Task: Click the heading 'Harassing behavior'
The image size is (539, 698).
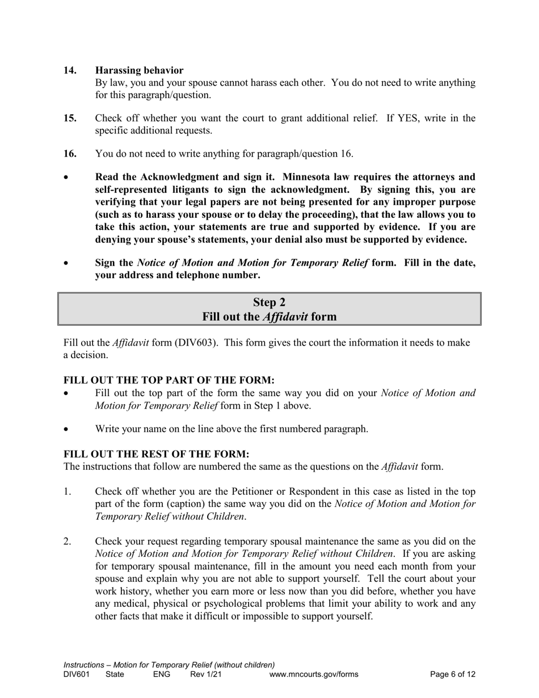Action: (x=139, y=70)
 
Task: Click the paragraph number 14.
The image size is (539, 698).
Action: (x=70, y=70)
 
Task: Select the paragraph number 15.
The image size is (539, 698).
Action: (x=70, y=118)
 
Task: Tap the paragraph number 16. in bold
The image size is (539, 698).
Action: (x=70, y=154)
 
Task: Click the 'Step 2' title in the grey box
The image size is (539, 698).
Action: (x=269, y=302)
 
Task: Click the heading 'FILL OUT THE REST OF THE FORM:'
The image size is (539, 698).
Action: (x=156, y=455)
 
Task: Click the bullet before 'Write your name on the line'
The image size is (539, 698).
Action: (x=66, y=430)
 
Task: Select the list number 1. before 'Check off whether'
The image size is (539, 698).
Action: (x=68, y=492)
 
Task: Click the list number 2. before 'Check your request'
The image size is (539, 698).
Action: (x=68, y=542)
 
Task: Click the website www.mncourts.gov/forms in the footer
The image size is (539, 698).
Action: (x=314, y=675)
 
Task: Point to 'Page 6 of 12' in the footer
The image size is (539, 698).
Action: (x=453, y=675)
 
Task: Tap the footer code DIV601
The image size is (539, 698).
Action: (x=77, y=675)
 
